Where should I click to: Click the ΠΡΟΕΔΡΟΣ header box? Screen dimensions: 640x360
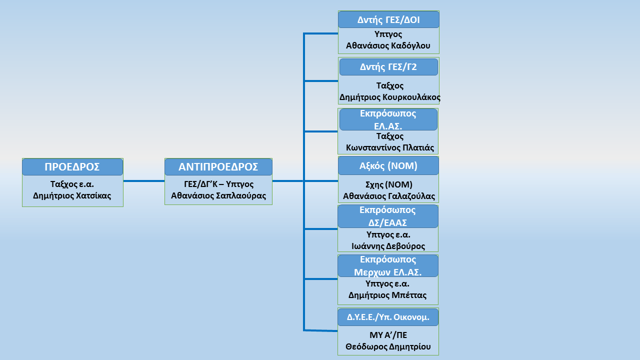tap(72, 167)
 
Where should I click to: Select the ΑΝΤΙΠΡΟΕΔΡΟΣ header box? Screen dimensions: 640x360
tap(218, 167)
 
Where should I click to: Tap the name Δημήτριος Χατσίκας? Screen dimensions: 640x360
tap(72, 195)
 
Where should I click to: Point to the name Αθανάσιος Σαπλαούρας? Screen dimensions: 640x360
tap(218, 195)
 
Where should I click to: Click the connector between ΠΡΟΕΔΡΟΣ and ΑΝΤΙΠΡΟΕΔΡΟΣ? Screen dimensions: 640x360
tap(144, 181)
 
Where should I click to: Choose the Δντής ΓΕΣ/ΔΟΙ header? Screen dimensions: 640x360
tap(388, 19)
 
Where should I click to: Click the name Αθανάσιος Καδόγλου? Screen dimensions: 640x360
tap(388, 45)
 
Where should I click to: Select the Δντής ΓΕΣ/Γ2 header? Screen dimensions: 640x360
tap(388, 67)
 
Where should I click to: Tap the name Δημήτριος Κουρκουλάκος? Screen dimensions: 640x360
tap(389, 97)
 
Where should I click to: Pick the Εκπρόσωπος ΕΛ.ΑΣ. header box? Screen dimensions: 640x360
tap(388, 119)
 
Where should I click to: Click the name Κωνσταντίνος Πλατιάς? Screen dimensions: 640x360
tap(389, 147)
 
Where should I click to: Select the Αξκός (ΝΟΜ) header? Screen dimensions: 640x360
tap(388, 165)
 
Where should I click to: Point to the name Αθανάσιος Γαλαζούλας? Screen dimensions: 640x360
tap(389, 196)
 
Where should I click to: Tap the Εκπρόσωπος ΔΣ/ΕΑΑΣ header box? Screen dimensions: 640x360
tap(387, 216)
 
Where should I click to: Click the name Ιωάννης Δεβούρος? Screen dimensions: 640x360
tap(388, 246)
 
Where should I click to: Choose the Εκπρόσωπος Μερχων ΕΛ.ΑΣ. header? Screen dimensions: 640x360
tap(387, 266)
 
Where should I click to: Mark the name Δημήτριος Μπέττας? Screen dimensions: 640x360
tap(387, 295)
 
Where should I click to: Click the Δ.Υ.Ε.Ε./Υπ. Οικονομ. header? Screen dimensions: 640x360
tap(388, 317)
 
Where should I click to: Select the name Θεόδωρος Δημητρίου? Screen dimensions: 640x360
tap(388, 347)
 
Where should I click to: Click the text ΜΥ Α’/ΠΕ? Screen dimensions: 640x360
tap(388, 335)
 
